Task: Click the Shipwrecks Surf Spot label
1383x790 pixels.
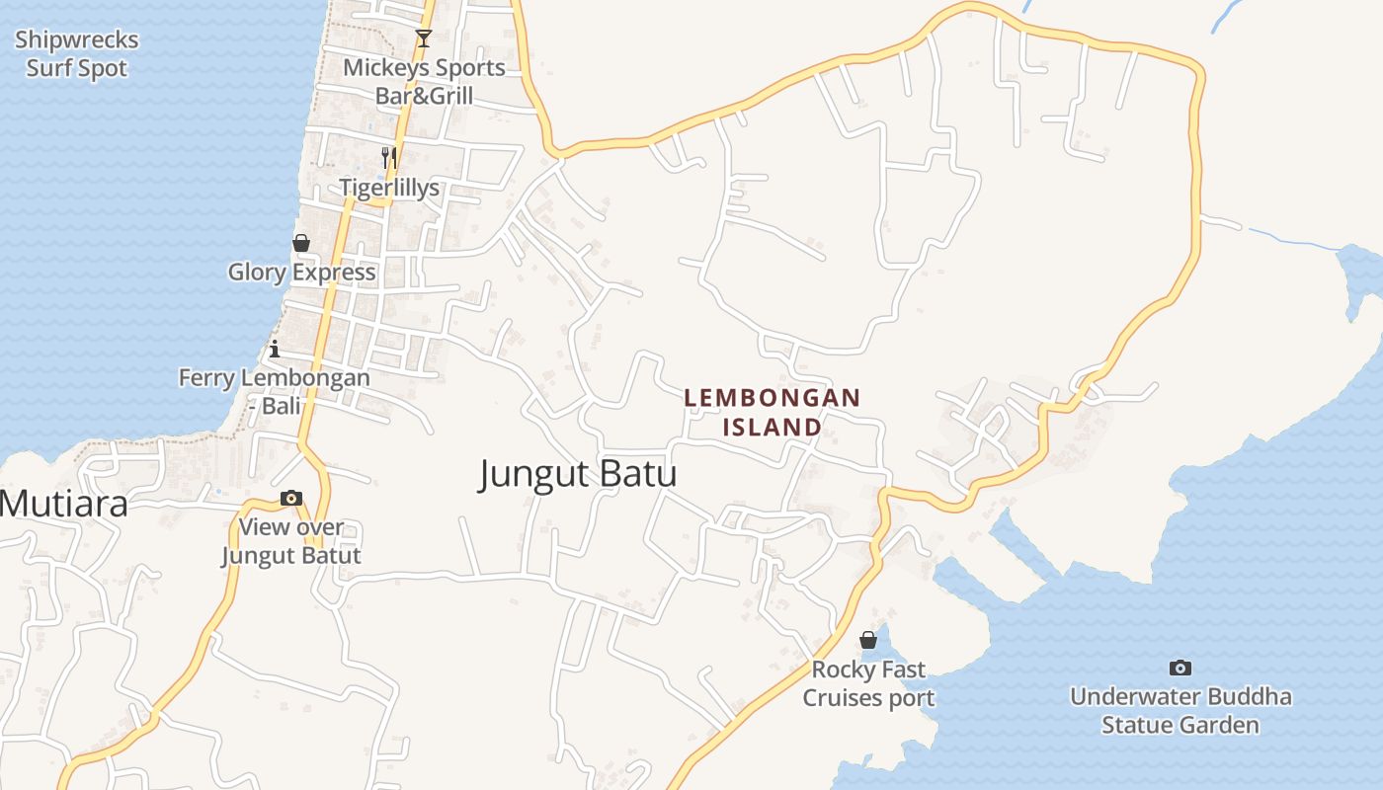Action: coord(77,54)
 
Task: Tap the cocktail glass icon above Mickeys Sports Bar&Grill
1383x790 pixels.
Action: coord(424,39)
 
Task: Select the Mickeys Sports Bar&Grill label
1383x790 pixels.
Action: coord(424,82)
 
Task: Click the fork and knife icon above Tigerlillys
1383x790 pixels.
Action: coord(389,157)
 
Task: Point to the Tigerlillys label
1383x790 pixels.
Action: coord(389,188)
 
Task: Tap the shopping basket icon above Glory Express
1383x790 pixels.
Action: coord(301,243)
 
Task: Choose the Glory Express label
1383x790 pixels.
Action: coord(301,273)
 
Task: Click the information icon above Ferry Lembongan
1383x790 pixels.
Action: coord(275,349)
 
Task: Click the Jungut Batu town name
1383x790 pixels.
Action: coord(578,474)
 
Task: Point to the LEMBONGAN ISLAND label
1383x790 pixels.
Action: coord(773,412)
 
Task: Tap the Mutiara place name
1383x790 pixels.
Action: coord(64,505)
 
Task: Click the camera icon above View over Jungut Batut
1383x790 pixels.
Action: coord(291,499)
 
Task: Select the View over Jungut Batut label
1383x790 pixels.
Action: coord(291,541)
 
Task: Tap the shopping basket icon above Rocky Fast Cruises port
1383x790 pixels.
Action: coord(868,640)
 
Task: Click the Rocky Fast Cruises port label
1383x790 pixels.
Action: coord(868,683)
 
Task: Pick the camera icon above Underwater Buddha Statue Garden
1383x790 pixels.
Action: coord(1180,668)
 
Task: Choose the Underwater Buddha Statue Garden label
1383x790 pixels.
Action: coord(1180,711)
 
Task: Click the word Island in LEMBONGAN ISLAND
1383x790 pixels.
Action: coord(773,427)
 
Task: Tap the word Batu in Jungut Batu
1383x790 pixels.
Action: coord(628,474)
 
